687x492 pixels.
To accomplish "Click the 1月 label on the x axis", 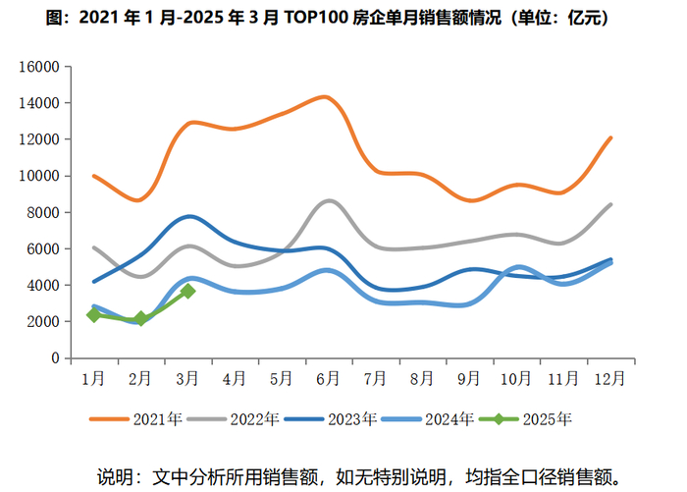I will [x=93, y=377].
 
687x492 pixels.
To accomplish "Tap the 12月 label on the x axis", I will [x=611, y=377].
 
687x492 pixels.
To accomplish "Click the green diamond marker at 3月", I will [x=187, y=291].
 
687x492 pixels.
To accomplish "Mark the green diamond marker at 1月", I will [x=93, y=315].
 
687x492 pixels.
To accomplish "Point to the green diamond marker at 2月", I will [x=140, y=318].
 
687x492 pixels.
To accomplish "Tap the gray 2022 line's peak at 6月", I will [x=329, y=200].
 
